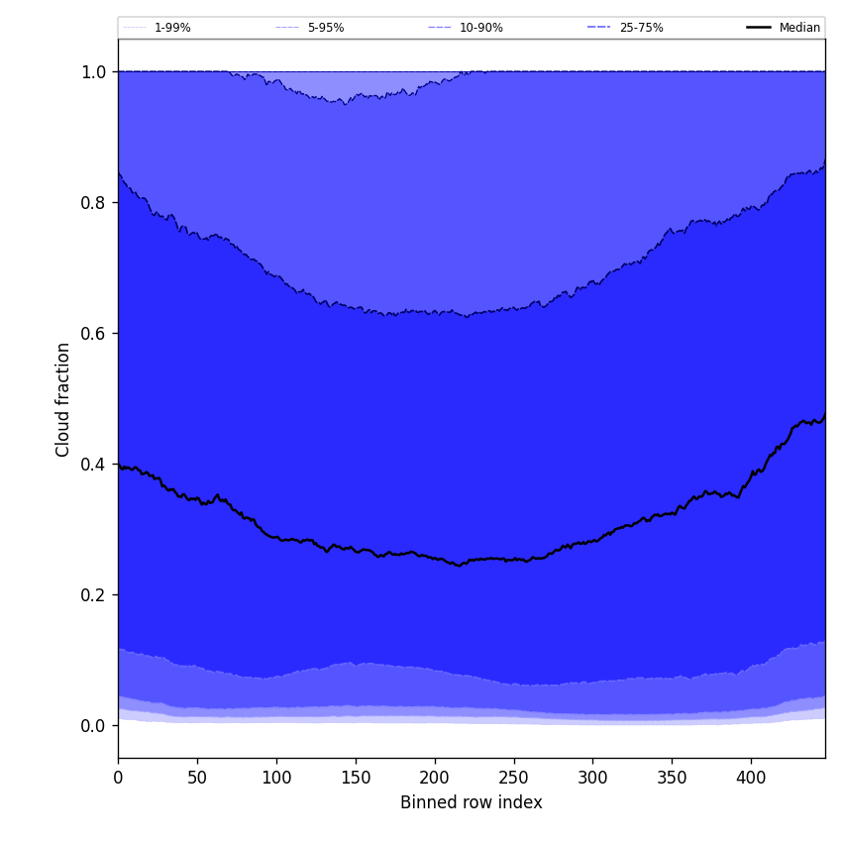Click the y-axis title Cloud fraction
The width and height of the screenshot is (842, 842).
tap(63, 399)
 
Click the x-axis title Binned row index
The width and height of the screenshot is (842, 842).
tap(472, 802)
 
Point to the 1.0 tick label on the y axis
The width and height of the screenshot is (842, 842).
tap(93, 71)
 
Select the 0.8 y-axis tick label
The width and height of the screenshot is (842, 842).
tap(93, 202)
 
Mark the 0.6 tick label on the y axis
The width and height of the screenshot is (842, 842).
tap(93, 333)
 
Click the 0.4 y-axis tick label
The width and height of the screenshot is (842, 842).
tap(93, 464)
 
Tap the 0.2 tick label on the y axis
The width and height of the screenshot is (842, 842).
tap(93, 594)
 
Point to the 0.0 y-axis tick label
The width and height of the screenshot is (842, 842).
tap(93, 725)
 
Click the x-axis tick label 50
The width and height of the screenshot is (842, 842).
tap(197, 778)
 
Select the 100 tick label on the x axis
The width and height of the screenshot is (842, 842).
tap(276, 778)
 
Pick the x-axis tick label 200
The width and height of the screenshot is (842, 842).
tap(435, 778)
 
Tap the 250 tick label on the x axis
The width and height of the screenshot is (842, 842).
tap(514, 778)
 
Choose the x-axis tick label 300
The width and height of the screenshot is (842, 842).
tap(592, 778)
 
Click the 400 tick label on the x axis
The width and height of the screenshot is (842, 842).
tap(751, 778)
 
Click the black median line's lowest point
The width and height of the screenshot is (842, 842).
tap(459, 566)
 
